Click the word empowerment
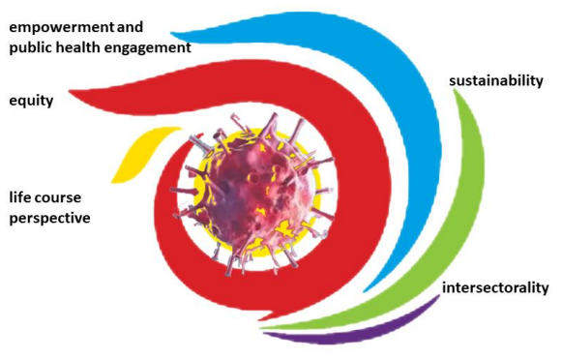(61, 28)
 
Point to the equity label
(31, 101)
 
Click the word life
(19, 196)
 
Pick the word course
(58, 198)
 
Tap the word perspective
(49, 219)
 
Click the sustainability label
(496, 81)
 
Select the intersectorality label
(495, 288)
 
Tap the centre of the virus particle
(253, 194)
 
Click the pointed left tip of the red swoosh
(70, 93)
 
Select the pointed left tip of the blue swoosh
(171, 33)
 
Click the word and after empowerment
(130, 28)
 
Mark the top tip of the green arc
(455, 89)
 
